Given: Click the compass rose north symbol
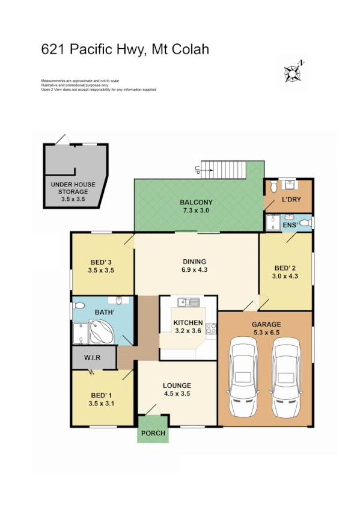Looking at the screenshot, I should tap(293, 72).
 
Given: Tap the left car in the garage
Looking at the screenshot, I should tap(244, 377).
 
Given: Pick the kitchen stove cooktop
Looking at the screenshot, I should tap(211, 328).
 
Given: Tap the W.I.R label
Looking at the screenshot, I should tap(91, 358).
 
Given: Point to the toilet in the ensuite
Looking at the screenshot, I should tap(305, 224).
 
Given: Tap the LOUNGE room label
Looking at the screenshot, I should tap(177, 386).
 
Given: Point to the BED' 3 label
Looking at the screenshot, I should tap(102, 262).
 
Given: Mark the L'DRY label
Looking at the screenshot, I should tap(291, 201).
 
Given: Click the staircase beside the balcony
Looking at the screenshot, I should tap(224, 170).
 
